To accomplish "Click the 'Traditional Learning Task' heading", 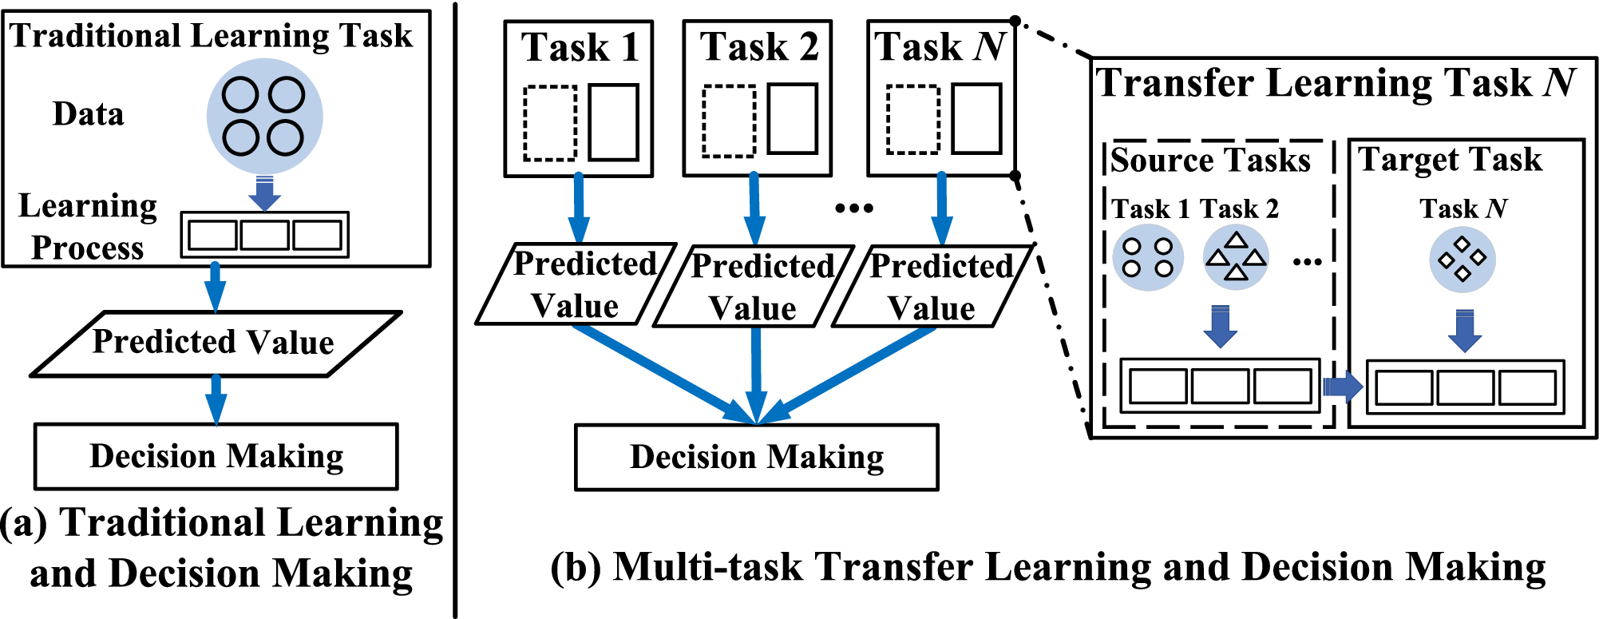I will click(211, 37).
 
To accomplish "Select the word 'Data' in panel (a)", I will click(89, 114).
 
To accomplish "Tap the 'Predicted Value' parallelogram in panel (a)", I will click(214, 343).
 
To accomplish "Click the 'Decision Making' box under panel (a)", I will click(216, 456).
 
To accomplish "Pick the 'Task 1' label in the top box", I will click(580, 47).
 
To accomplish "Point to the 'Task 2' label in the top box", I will click(759, 47).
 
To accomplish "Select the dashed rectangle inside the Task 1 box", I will click(550, 123).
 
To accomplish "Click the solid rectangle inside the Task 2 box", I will click(792, 118).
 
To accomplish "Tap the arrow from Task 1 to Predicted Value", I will click(579, 208).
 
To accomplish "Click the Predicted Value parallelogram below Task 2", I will click(754, 287).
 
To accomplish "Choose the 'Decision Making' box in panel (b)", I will click(756, 457).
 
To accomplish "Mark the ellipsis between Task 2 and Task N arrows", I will click(853, 208).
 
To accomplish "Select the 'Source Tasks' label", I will click(1210, 161).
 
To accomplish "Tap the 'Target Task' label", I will click(1450, 160).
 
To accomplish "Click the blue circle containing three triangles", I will click(1236, 257).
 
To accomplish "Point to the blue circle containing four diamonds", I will click(1462, 260).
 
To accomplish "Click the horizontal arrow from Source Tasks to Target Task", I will click(1342, 387).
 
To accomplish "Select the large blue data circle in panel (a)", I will click(264, 117).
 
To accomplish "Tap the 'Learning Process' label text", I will click(88, 227).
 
